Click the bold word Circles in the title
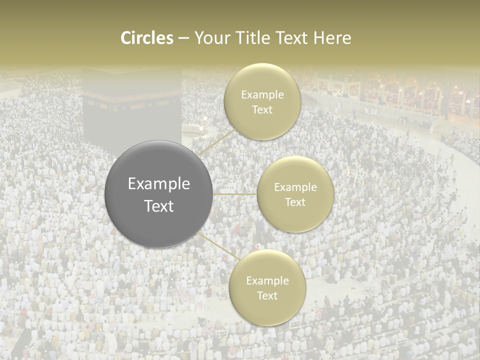tap(146, 38)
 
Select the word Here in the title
tap(332, 38)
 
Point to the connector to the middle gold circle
tap(235, 194)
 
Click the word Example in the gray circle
tap(159, 184)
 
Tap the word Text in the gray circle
tap(159, 206)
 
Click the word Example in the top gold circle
tap(262, 95)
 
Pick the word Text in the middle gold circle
tap(295, 202)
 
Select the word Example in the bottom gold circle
tap(267, 281)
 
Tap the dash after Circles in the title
tap(183, 38)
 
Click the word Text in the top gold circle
tap(262, 110)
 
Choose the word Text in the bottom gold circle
tap(267, 296)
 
